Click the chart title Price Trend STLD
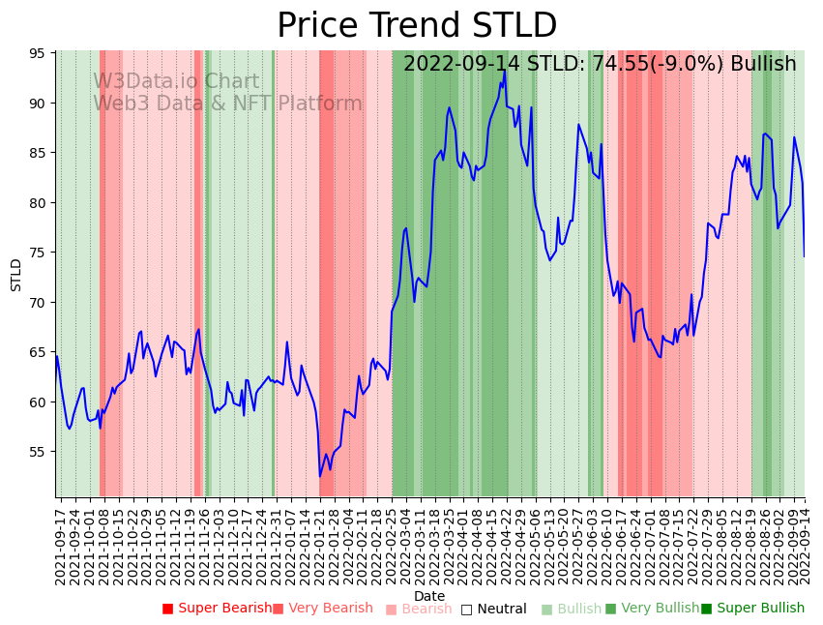(417, 26)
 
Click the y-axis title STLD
(16, 275)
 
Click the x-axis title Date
(429, 597)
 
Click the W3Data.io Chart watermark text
(176, 82)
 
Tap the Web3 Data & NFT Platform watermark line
(227, 104)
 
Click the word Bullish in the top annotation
(763, 65)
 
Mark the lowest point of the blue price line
(320, 476)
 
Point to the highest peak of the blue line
(505, 70)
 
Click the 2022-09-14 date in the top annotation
(456, 65)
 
